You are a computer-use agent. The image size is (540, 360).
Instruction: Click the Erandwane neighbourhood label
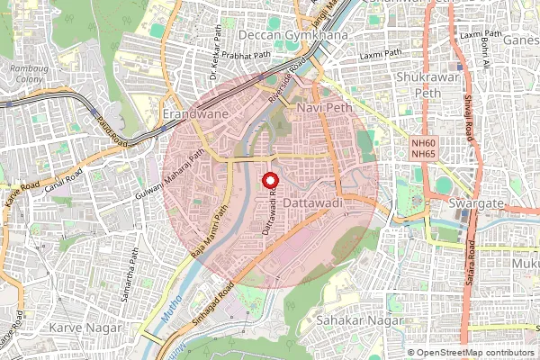[192, 115]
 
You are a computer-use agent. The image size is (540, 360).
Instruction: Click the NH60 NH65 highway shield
[422, 148]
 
